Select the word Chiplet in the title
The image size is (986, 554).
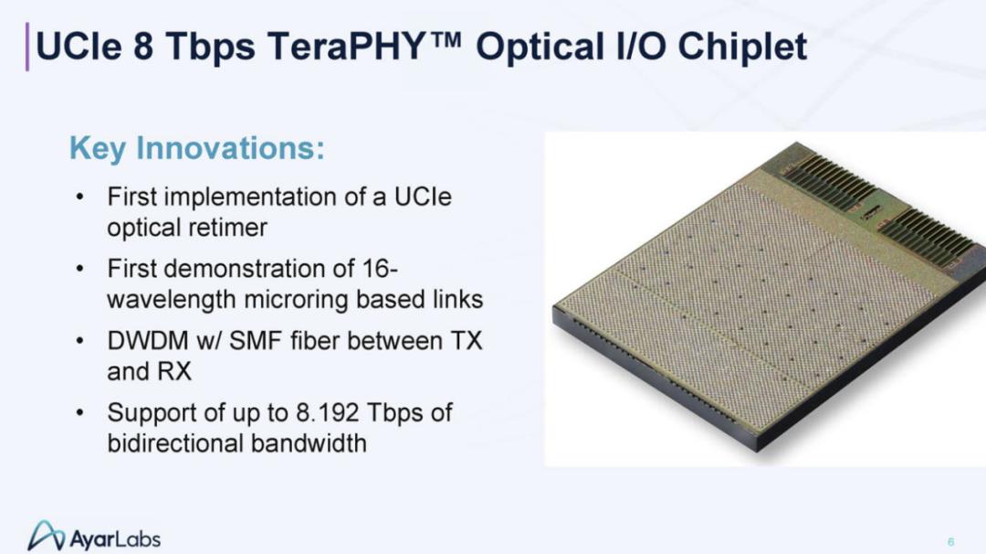click(x=742, y=47)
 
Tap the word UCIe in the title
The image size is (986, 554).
click(x=79, y=47)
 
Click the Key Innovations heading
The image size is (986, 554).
click(x=197, y=149)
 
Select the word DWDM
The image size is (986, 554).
click(x=148, y=341)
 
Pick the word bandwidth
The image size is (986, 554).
click(x=309, y=443)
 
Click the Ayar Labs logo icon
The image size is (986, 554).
click(x=46, y=536)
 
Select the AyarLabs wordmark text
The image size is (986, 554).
click(x=115, y=538)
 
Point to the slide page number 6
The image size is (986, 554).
click(x=950, y=541)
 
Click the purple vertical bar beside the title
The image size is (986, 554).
click(x=27, y=47)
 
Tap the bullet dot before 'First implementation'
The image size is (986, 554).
click(x=79, y=197)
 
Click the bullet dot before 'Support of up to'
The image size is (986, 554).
click(x=79, y=413)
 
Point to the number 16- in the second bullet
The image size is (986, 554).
click(x=380, y=269)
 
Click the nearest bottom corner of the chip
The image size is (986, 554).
click(x=758, y=451)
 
